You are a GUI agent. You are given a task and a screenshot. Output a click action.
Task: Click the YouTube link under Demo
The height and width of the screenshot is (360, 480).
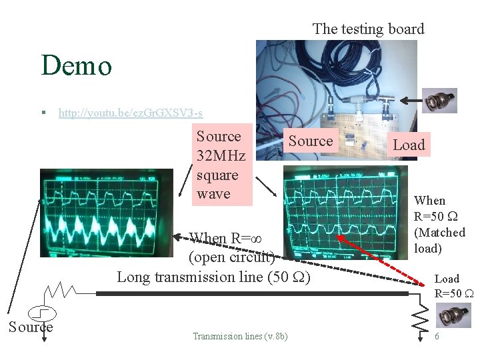point(131,113)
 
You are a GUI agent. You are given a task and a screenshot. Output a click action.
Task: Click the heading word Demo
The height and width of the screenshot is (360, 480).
point(76,66)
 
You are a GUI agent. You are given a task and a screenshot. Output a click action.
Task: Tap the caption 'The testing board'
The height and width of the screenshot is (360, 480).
point(368,29)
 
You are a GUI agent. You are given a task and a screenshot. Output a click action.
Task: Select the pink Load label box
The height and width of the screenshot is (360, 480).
point(408,145)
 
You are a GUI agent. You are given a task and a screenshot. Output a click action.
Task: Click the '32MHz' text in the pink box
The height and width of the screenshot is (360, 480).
point(221,156)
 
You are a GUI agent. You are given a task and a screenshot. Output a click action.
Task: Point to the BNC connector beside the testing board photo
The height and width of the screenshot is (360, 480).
point(440,101)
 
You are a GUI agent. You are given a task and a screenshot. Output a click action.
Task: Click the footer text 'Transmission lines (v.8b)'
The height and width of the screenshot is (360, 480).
point(240,337)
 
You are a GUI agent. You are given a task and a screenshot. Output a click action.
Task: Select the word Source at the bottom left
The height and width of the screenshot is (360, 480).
point(30,327)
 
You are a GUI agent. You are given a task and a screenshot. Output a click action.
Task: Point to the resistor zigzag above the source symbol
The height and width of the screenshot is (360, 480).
point(60,290)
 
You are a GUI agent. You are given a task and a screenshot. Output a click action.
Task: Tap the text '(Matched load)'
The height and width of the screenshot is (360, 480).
point(439,240)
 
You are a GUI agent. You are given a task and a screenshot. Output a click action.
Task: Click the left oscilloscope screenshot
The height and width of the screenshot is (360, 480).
point(106,212)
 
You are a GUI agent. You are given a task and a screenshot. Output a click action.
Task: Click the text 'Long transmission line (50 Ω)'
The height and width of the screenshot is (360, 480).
point(213,276)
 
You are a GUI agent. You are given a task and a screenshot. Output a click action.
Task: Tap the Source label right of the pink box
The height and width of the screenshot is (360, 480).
point(311,141)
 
